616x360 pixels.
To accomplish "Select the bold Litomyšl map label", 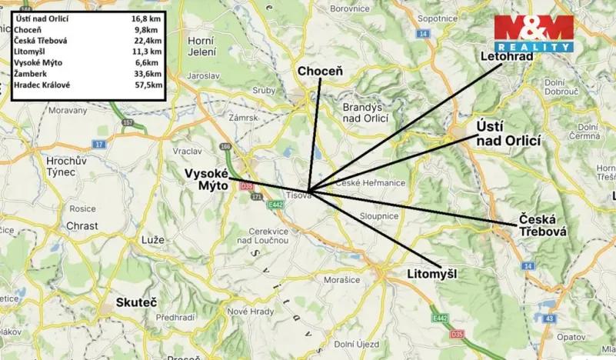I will (438, 272).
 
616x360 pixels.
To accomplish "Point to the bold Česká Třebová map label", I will (541, 224).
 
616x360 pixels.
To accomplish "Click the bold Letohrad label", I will (506, 56).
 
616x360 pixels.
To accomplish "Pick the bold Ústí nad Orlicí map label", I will (508, 133).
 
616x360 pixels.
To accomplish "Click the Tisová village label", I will (299, 195).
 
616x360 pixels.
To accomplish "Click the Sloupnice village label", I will (377, 217).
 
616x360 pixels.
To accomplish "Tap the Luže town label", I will (152, 240).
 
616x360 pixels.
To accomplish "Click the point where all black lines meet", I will (308, 192).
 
